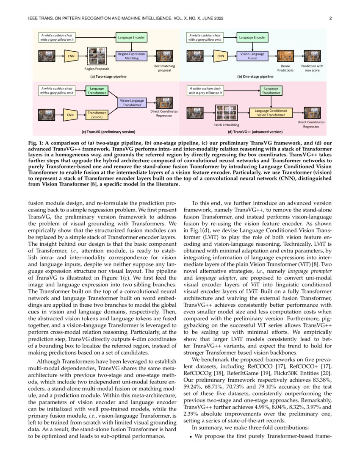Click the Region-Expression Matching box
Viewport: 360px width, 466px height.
click(x=131, y=56)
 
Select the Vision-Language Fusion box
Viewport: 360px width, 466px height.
click(x=252, y=56)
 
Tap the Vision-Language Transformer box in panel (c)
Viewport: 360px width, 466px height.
click(x=132, y=103)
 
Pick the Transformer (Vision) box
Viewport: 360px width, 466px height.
click(x=97, y=114)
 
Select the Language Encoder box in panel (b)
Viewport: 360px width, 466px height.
click(x=252, y=38)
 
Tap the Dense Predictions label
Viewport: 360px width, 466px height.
click(x=285, y=68)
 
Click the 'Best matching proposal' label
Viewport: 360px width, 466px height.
click(x=164, y=68)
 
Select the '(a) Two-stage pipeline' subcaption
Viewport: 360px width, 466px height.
click(x=108, y=77)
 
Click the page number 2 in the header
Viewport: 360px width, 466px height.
click(x=330, y=19)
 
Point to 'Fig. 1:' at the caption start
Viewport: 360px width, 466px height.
click(x=47, y=141)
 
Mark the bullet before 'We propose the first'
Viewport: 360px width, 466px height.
click(x=190, y=436)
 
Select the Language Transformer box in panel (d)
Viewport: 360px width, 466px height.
click(x=271, y=91)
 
